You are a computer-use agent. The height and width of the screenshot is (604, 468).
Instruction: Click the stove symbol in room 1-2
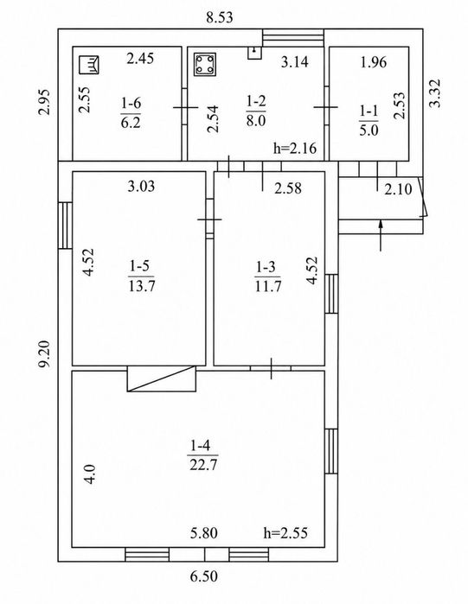[205, 64]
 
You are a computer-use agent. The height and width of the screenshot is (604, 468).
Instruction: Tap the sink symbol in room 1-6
[88, 65]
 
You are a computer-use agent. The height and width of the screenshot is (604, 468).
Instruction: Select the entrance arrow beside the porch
[381, 235]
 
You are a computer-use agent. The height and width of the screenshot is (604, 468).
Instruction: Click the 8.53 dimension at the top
[220, 18]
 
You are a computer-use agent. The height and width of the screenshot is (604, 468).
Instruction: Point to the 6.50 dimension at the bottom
[203, 576]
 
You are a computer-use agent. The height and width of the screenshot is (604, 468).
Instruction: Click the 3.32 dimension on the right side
[435, 93]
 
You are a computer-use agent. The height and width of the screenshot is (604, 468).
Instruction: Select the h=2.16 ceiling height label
[295, 148]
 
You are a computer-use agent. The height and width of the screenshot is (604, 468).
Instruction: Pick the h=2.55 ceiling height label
[285, 533]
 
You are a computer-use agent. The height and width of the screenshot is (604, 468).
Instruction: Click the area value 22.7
[203, 465]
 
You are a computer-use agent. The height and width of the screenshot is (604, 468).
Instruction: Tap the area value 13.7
[142, 286]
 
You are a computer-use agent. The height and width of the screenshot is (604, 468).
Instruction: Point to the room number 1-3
[266, 266]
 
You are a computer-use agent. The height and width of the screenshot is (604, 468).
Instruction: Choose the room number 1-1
[369, 111]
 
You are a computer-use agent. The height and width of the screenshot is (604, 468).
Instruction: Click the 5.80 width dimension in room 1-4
[203, 533]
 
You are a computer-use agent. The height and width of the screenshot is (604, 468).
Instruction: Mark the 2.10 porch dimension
[398, 189]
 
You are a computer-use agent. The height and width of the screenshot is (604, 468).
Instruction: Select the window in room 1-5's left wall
[65, 226]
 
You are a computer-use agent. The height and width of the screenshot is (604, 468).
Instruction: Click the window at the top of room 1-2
[293, 38]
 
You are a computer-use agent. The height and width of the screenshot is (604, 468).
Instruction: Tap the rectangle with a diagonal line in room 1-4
[162, 378]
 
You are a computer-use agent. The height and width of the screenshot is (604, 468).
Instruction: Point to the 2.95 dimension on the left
[45, 102]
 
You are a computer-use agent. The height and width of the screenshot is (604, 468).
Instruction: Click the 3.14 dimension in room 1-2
[294, 61]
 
